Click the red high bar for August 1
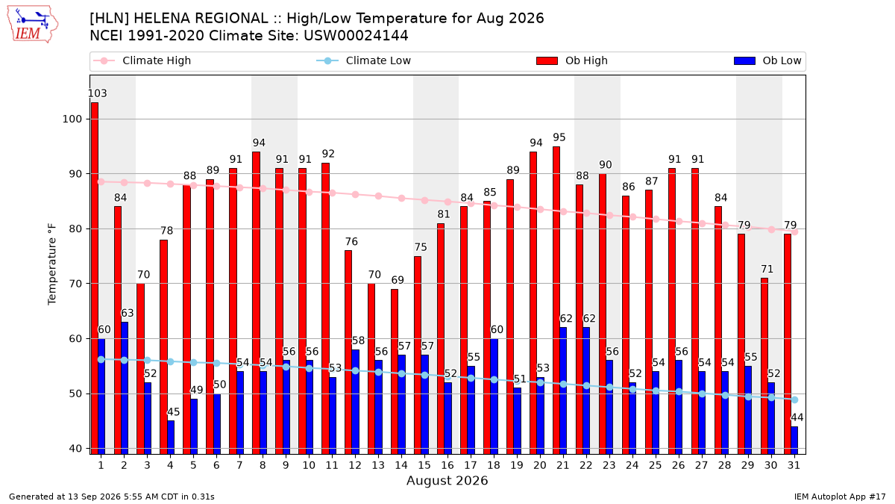(x=95, y=278)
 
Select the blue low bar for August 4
(x=171, y=438)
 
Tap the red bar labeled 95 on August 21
(x=556, y=300)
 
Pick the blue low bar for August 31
(x=794, y=440)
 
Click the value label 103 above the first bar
(x=98, y=93)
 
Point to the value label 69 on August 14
(x=398, y=280)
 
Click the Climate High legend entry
(x=142, y=60)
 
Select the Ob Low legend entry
(x=767, y=60)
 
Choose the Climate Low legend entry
(x=364, y=60)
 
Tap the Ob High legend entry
(x=572, y=60)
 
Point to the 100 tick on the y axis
(x=72, y=119)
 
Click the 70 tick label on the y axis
(x=75, y=284)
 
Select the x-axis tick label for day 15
(x=424, y=465)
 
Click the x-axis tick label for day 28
(x=724, y=465)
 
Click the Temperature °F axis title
(x=52, y=264)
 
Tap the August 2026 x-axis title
(x=447, y=480)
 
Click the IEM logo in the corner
(x=33, y=25)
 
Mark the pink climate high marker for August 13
(x=378, y=196)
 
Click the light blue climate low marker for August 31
(x=795, y=399)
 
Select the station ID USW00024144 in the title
(x=356, y=36)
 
